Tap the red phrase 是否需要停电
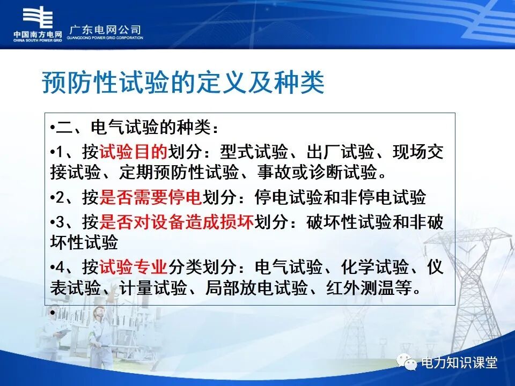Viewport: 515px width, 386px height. [150, 198]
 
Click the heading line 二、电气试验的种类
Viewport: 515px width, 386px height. [137, 129]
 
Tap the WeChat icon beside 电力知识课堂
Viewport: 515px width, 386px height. [407, 363]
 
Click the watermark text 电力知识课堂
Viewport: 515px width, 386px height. [460, 363]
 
